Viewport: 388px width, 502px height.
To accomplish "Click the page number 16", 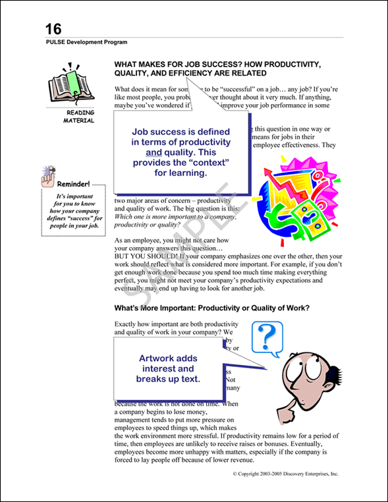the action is point(53,29).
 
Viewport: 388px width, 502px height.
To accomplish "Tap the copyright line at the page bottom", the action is point(285,474).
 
